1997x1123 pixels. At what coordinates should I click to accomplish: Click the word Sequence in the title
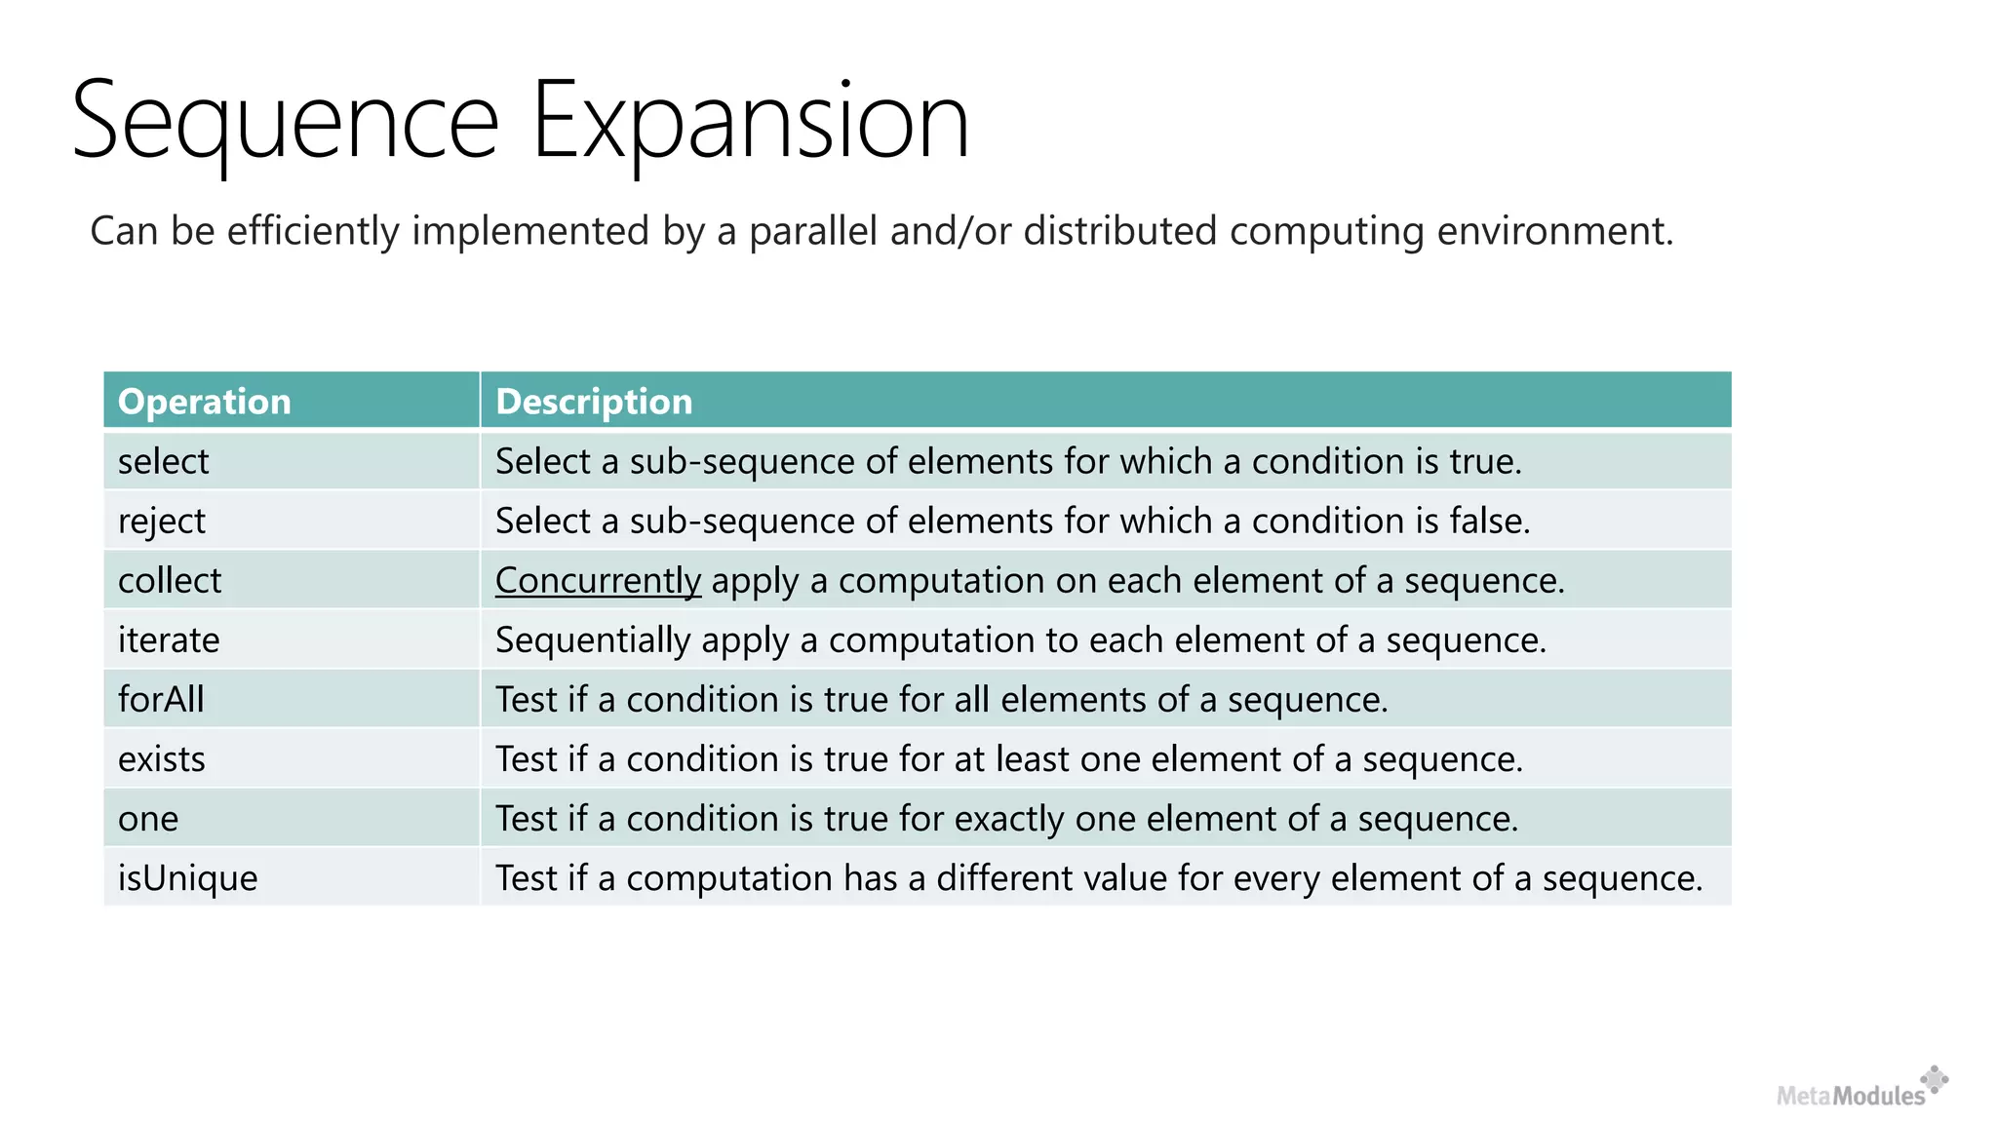click(285, 122)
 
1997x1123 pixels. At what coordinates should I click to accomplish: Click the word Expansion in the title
click(750, 122)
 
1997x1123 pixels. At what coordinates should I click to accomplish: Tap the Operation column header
click(205, 402)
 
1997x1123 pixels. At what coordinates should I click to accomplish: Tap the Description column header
click(594, 402)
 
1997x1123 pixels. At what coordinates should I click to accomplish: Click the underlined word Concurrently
click(598, 580)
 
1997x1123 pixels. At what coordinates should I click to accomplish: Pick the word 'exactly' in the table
click(1009, 818)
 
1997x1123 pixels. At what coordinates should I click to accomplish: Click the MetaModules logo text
click(1851, 1096)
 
